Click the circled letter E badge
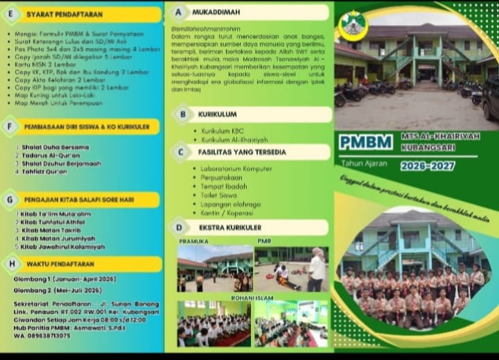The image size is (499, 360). (x=10, y=14)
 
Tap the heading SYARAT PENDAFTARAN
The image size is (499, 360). (x=64, y=14)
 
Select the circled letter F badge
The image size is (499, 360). (x=10, y=126)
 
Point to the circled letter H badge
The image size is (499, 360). (x=11, y=264)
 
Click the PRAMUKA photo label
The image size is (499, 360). (x=193, y=241)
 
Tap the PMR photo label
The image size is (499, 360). (x=263, y=241)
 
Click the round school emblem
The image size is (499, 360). (x=353, y=26)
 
